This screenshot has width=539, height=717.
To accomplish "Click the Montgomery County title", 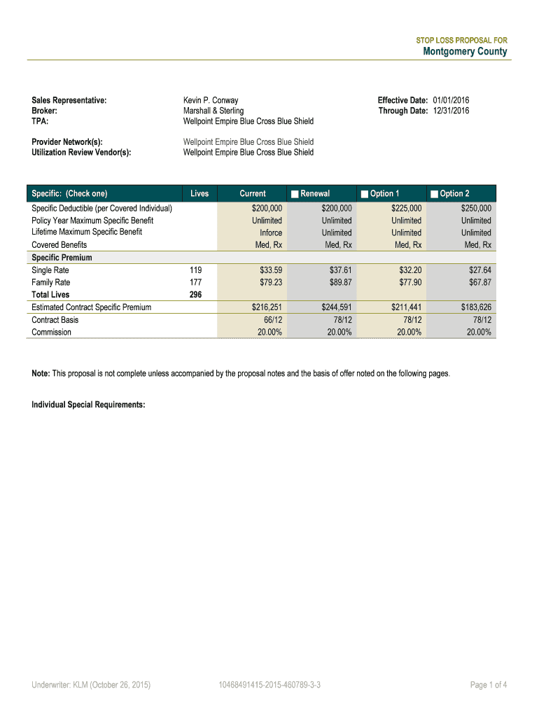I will click(465, 52).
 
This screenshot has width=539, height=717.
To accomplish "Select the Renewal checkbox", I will click(295, 194).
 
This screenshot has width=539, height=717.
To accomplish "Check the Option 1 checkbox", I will click(365, 194).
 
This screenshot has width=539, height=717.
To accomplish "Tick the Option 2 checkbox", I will click(435, 194).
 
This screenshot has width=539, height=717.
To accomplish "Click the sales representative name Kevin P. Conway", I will click(211, 101).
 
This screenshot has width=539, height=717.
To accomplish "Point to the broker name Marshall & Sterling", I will click(213, 111).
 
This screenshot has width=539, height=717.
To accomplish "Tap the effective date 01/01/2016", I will click(451, 101).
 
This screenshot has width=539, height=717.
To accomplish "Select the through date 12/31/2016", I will click(451, 111).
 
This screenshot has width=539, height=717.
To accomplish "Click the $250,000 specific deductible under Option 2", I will click(476, 209).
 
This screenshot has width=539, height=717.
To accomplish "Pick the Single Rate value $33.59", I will click(269, 270).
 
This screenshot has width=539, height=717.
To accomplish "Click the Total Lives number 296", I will click(196, 295).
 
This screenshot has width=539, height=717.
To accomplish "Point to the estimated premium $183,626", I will click(476, 307).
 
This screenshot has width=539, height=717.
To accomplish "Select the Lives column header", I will click(199, 194).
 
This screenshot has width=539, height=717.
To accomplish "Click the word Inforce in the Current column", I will click(271, 233).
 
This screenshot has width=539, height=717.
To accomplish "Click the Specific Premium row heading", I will click(62, 258).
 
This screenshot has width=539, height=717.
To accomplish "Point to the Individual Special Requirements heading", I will click(88, 405).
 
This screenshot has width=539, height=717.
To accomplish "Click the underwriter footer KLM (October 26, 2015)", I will click(91, 685).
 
